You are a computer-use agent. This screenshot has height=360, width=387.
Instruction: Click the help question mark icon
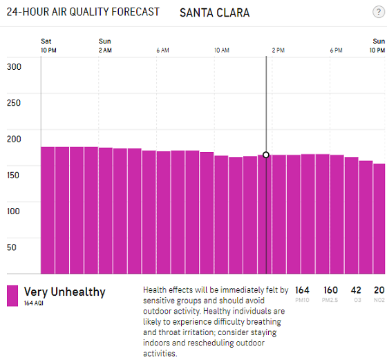[x=379, y=12]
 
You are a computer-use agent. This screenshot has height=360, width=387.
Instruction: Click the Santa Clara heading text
[x=214, y=13]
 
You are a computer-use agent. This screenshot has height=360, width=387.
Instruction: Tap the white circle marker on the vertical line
[x=266, y=155]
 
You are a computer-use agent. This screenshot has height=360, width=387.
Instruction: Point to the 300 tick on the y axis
[x=14, y=67]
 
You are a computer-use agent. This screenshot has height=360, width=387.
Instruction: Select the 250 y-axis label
[x=14, y=103]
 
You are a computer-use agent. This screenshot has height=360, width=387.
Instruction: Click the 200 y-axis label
[x=14, y=139]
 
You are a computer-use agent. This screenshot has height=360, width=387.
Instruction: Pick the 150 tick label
[x=13, y=176]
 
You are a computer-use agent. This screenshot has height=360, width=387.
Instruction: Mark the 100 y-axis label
[x=13, y=211]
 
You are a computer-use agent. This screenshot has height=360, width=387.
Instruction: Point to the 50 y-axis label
[x=12, y=247]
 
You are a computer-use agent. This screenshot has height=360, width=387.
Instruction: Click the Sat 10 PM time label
[x=48, y=46]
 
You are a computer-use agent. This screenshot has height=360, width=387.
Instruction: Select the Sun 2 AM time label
[x=105, y=46]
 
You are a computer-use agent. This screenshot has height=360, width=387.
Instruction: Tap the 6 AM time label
[x=162, y=50]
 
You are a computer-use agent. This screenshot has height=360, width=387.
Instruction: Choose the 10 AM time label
[x=222, y=50]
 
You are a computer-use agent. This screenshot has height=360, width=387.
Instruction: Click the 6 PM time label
[x=336, y=50]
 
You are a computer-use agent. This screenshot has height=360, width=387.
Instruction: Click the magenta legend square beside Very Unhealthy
[x=12, y=296]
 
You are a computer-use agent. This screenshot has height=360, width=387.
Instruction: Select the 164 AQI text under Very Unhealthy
[x=34, y=303]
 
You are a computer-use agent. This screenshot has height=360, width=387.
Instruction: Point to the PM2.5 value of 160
[x=330, y=290]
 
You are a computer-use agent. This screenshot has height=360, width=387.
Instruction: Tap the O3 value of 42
[x=356, y=290]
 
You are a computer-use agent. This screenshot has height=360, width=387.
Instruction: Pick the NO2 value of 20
[x=379, y=290]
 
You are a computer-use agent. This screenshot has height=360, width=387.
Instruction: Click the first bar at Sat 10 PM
[x=48, y=211]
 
